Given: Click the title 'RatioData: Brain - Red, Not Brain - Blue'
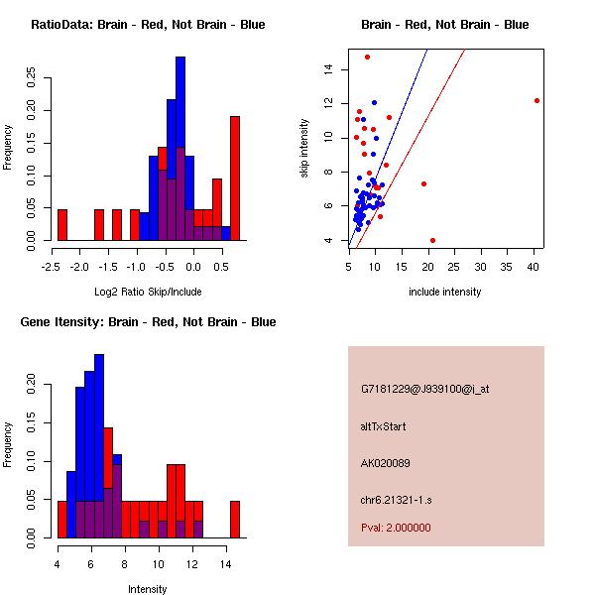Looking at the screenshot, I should (148, 25).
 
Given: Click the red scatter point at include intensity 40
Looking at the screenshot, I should (536, 100).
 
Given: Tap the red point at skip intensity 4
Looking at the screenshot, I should (432, 240).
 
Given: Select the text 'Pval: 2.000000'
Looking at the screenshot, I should (396, 528).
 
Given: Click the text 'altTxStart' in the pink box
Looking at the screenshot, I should (383, 427).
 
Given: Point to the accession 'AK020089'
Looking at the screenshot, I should (386, 462).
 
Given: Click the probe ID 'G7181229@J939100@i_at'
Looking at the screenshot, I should (425, 389).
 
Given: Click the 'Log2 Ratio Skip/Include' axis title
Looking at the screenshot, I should (148, 292).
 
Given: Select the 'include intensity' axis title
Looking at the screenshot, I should (445, 292).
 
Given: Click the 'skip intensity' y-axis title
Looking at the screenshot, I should (304, 149).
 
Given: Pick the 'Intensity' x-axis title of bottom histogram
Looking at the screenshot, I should (148, 589).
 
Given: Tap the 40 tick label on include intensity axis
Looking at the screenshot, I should (535, 266).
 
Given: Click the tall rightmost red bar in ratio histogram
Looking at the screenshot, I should (235, 178).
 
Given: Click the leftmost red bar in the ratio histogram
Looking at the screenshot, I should (62, 225).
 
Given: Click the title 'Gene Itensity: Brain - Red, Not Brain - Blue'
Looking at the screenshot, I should (148, 322).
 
